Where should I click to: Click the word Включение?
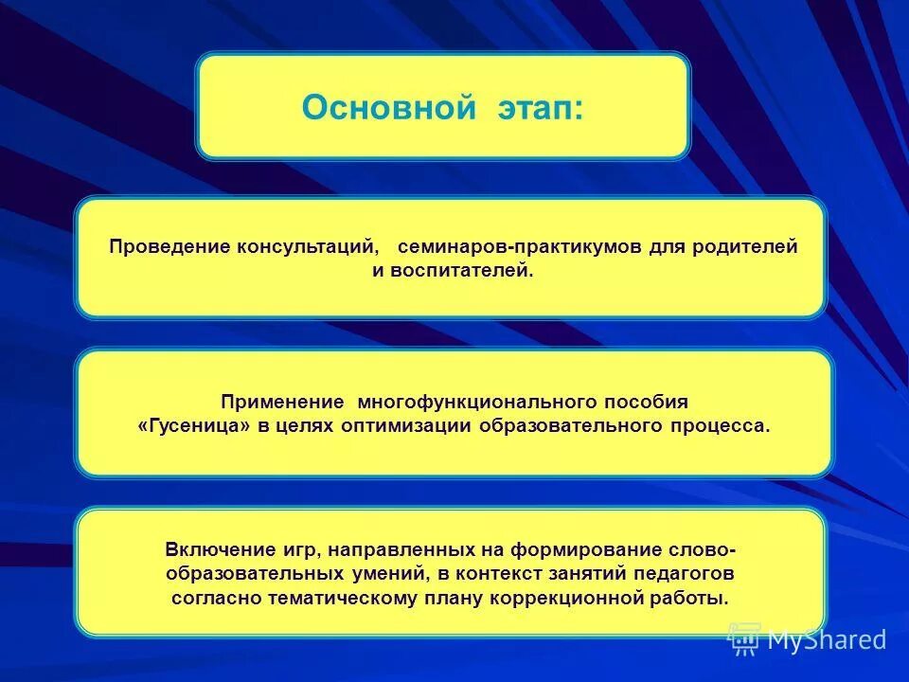pos(212,549)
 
